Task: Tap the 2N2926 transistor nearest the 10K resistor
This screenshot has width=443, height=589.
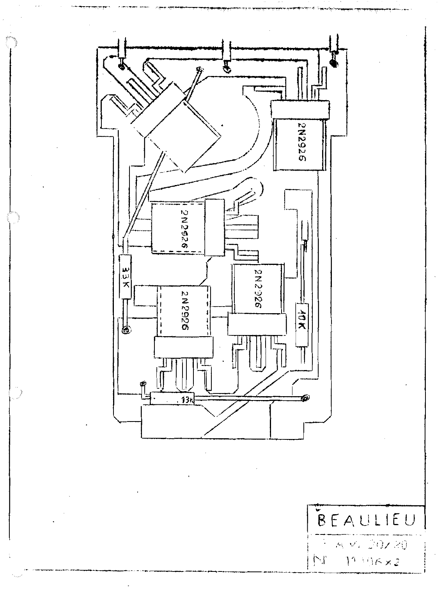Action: pyautogui.click(x=257, y=289)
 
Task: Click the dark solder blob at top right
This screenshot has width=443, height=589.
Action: pyautogui.click(x=334, y=62)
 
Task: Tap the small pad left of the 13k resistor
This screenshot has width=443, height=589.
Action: pyautogui.click(x=143, y=384)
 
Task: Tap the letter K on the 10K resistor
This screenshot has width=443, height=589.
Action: pyautogui.click(x=301, y=328)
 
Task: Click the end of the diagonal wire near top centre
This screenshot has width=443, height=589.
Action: pyautogui.click(x=200, y=70)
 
